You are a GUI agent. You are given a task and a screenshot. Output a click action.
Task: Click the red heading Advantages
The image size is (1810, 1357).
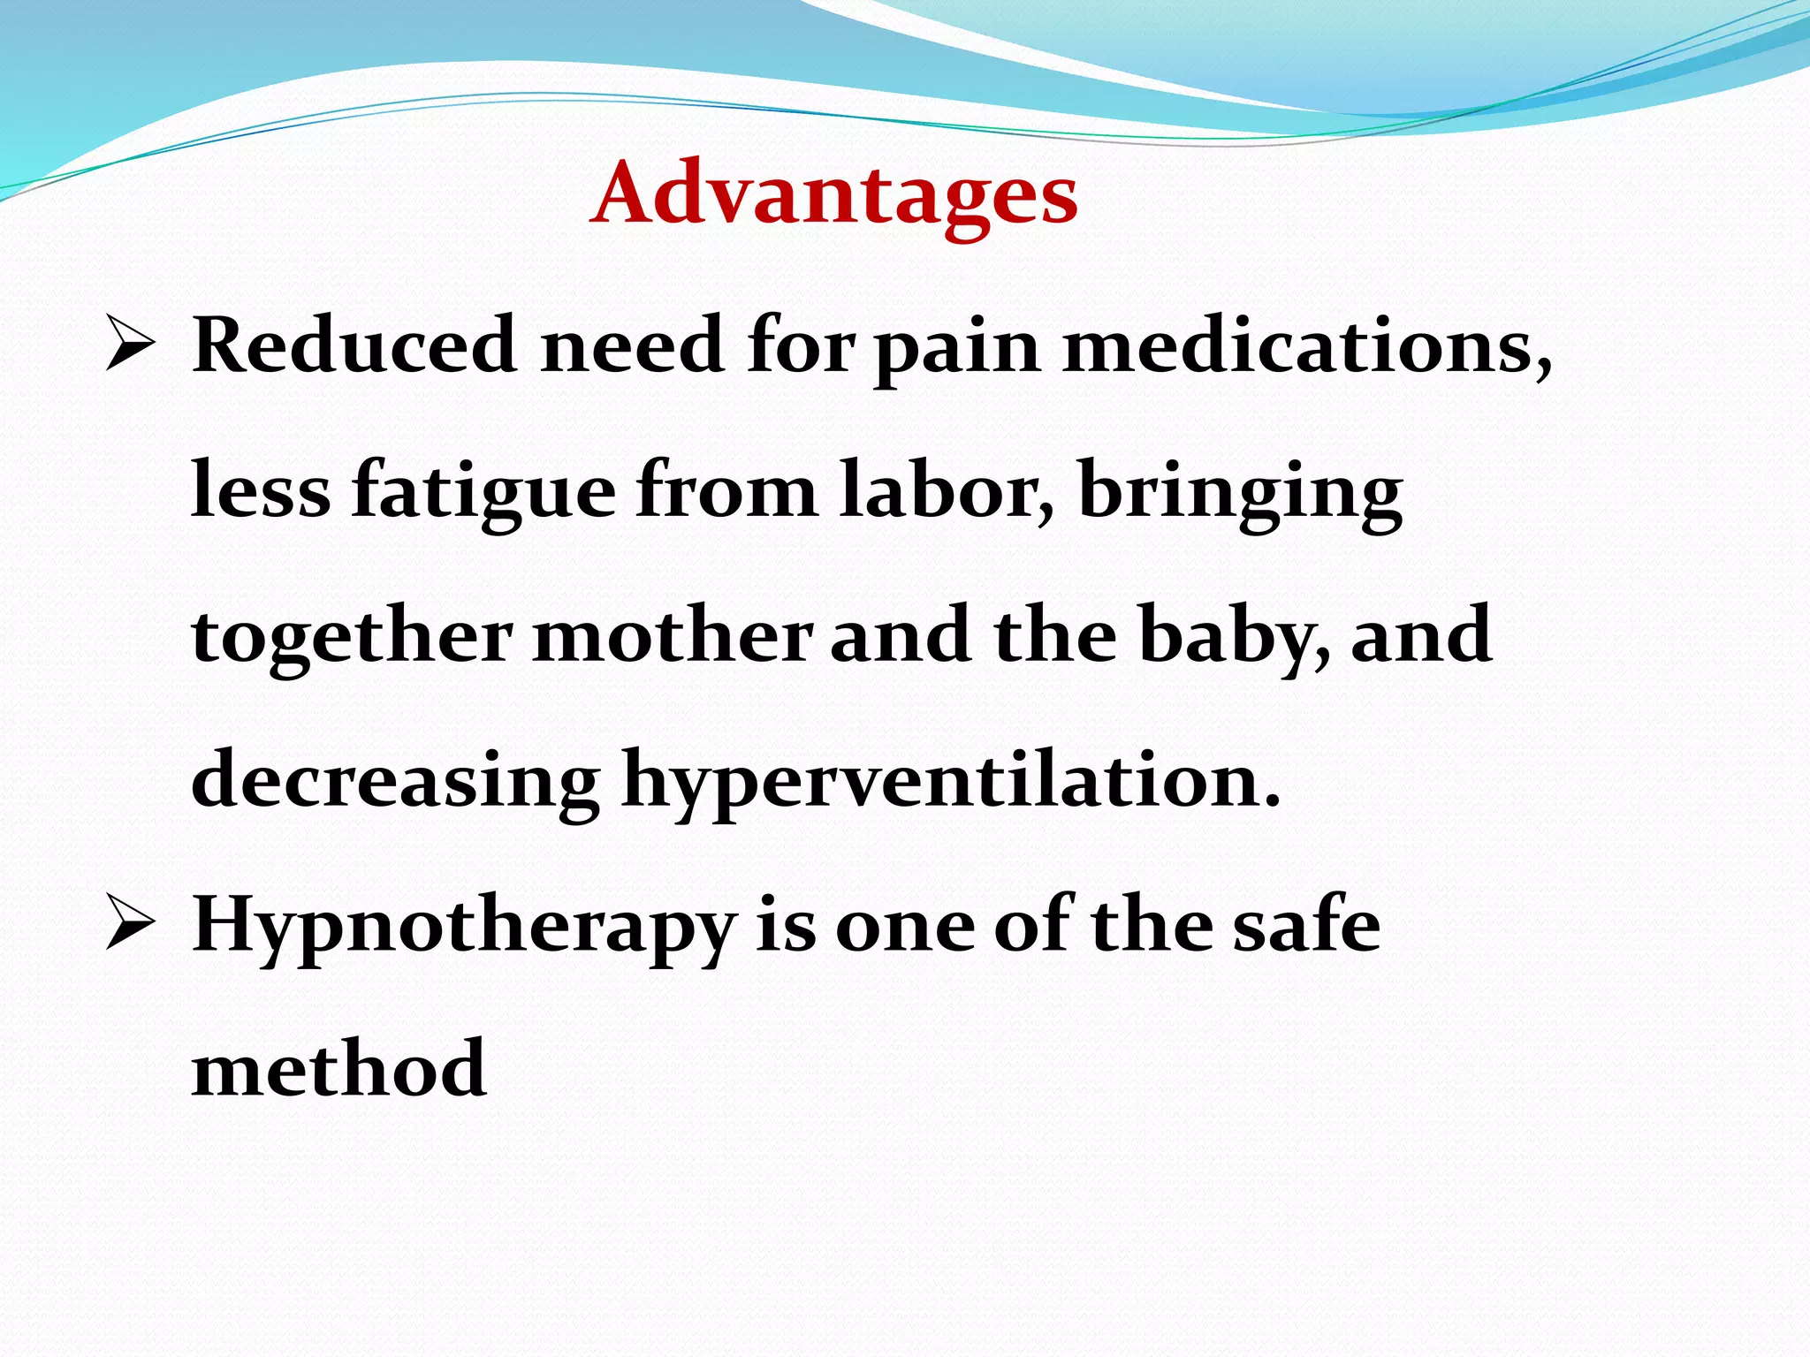834,194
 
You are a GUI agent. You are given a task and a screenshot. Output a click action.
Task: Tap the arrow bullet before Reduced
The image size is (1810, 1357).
131,345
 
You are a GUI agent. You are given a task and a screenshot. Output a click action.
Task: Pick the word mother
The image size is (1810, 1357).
673,636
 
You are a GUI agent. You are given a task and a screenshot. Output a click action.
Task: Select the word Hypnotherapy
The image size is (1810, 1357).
464,929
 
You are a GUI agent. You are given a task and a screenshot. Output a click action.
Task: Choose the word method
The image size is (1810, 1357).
338,1069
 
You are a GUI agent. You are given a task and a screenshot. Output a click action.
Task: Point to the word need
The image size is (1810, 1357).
632,345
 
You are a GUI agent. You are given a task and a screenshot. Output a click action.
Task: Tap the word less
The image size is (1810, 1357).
261,492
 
